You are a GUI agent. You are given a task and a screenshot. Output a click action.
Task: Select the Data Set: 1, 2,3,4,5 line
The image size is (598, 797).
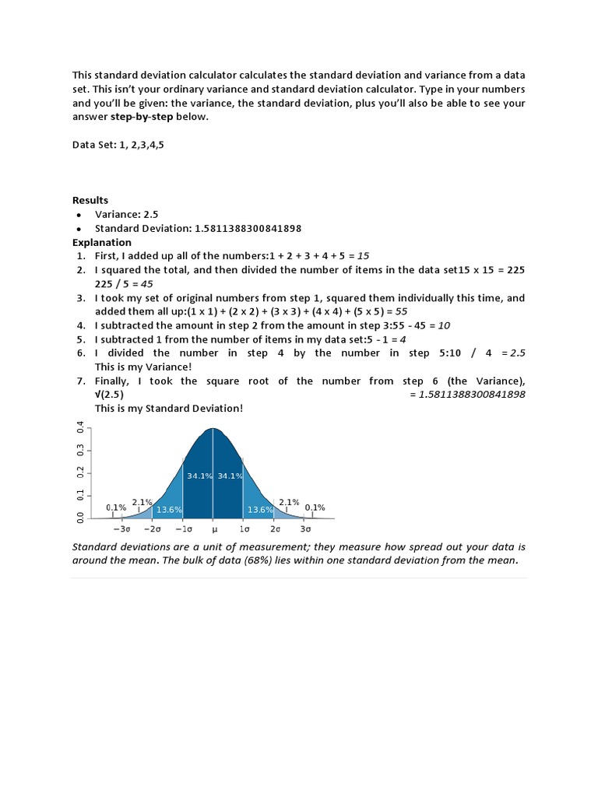[x=118, y=145]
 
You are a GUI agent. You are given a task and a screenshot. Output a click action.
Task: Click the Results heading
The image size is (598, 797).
[x=90, y=200]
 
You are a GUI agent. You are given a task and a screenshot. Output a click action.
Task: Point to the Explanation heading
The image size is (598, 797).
[x=102, y=242]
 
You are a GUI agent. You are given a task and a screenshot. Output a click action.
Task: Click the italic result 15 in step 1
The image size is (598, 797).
[x=363, y=256]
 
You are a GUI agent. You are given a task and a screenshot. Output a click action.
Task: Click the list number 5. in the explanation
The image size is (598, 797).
[x=81, y=339]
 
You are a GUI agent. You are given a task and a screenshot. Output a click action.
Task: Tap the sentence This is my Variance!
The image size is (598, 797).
[x=142, y=367]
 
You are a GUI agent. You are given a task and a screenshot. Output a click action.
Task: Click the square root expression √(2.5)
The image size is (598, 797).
[x=109, y=395]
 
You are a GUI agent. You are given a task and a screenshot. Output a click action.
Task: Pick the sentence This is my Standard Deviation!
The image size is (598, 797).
[x=169, y=409]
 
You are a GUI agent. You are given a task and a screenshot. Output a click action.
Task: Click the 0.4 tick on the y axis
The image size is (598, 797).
[x=79, y=427]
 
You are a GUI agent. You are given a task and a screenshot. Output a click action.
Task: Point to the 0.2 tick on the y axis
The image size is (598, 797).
[x=79, y=472]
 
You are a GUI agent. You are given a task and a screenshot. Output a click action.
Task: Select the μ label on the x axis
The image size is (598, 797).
[x=213, y=528]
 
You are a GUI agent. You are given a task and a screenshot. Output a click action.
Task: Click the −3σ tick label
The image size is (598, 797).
[x=121, y=528]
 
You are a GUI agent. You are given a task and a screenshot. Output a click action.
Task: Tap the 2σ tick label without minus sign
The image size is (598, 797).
[x=275, y=528]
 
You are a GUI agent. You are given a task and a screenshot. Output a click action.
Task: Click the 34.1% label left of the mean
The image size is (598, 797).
[x=199, y=476]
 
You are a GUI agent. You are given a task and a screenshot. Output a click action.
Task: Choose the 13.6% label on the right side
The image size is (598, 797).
[x=260, y=510]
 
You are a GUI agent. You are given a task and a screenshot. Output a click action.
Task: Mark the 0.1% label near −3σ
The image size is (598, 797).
[x=116, y=507]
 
